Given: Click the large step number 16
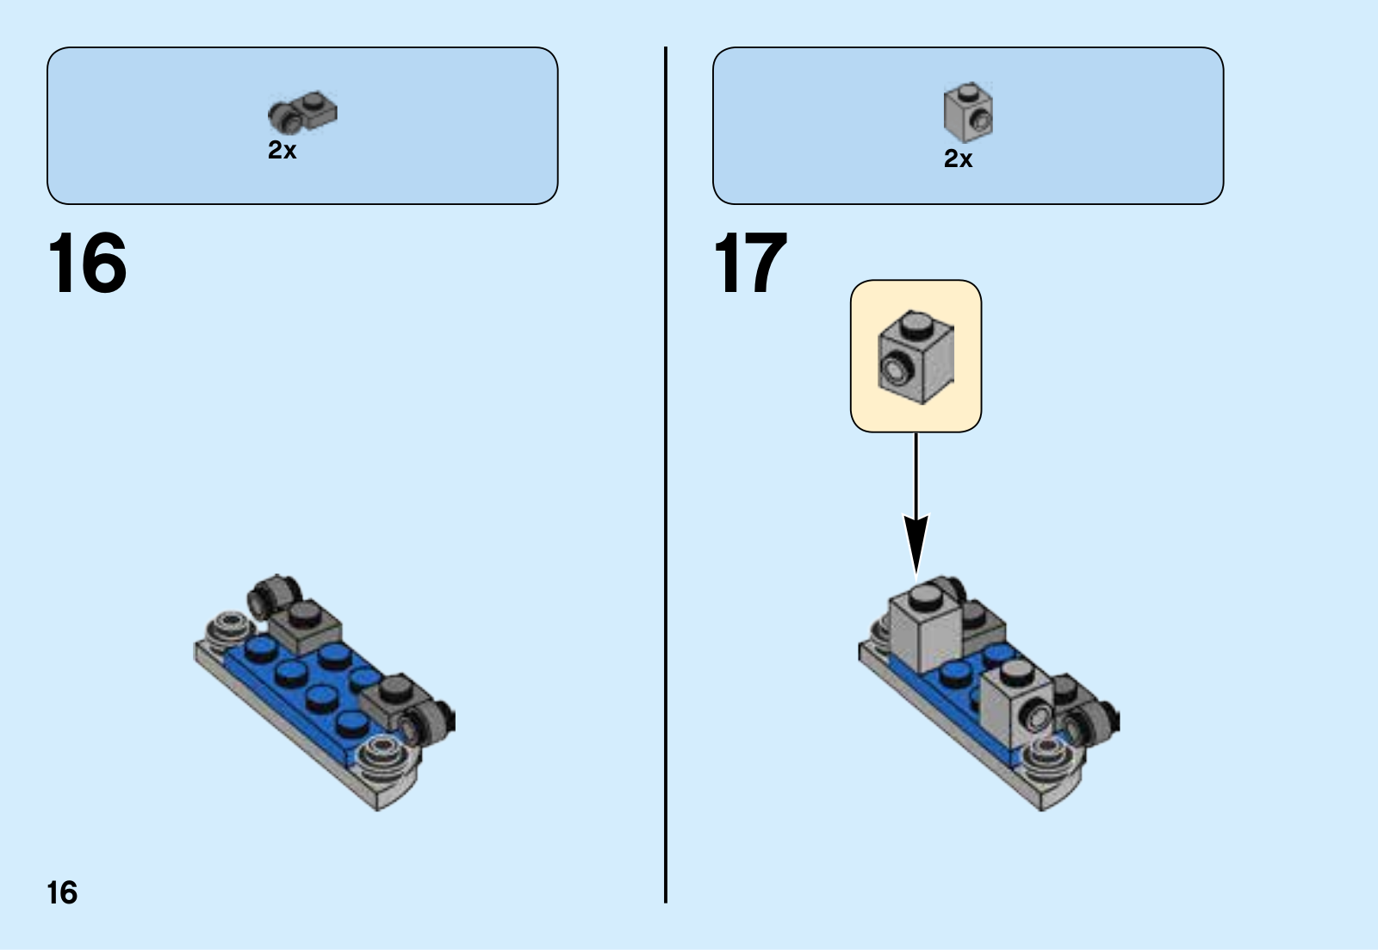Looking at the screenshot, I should coord(87,264).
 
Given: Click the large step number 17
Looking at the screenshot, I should coord(750,264).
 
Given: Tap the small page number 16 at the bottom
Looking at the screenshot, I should coord(62,893).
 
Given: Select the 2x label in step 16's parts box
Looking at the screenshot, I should coord(282,151).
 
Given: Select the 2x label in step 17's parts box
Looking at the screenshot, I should coord(958,159).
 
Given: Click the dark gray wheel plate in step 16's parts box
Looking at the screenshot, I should coord(302,113).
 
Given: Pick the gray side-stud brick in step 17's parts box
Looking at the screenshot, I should coord(968,111).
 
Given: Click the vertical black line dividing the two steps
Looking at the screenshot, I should coord(666,474).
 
